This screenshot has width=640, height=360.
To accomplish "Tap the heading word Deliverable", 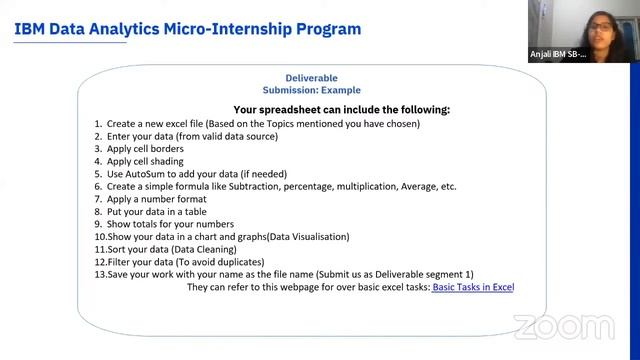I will click(x=312, y=78).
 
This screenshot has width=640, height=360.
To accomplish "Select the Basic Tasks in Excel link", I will click(x=473, y=287).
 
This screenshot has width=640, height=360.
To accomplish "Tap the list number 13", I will click(x=99, y=274).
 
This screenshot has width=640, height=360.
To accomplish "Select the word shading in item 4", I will click(x=164, y=161).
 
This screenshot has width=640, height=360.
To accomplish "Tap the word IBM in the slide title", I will click(x=32, y=29).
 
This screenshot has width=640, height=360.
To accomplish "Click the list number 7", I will click(x=99, y=199).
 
